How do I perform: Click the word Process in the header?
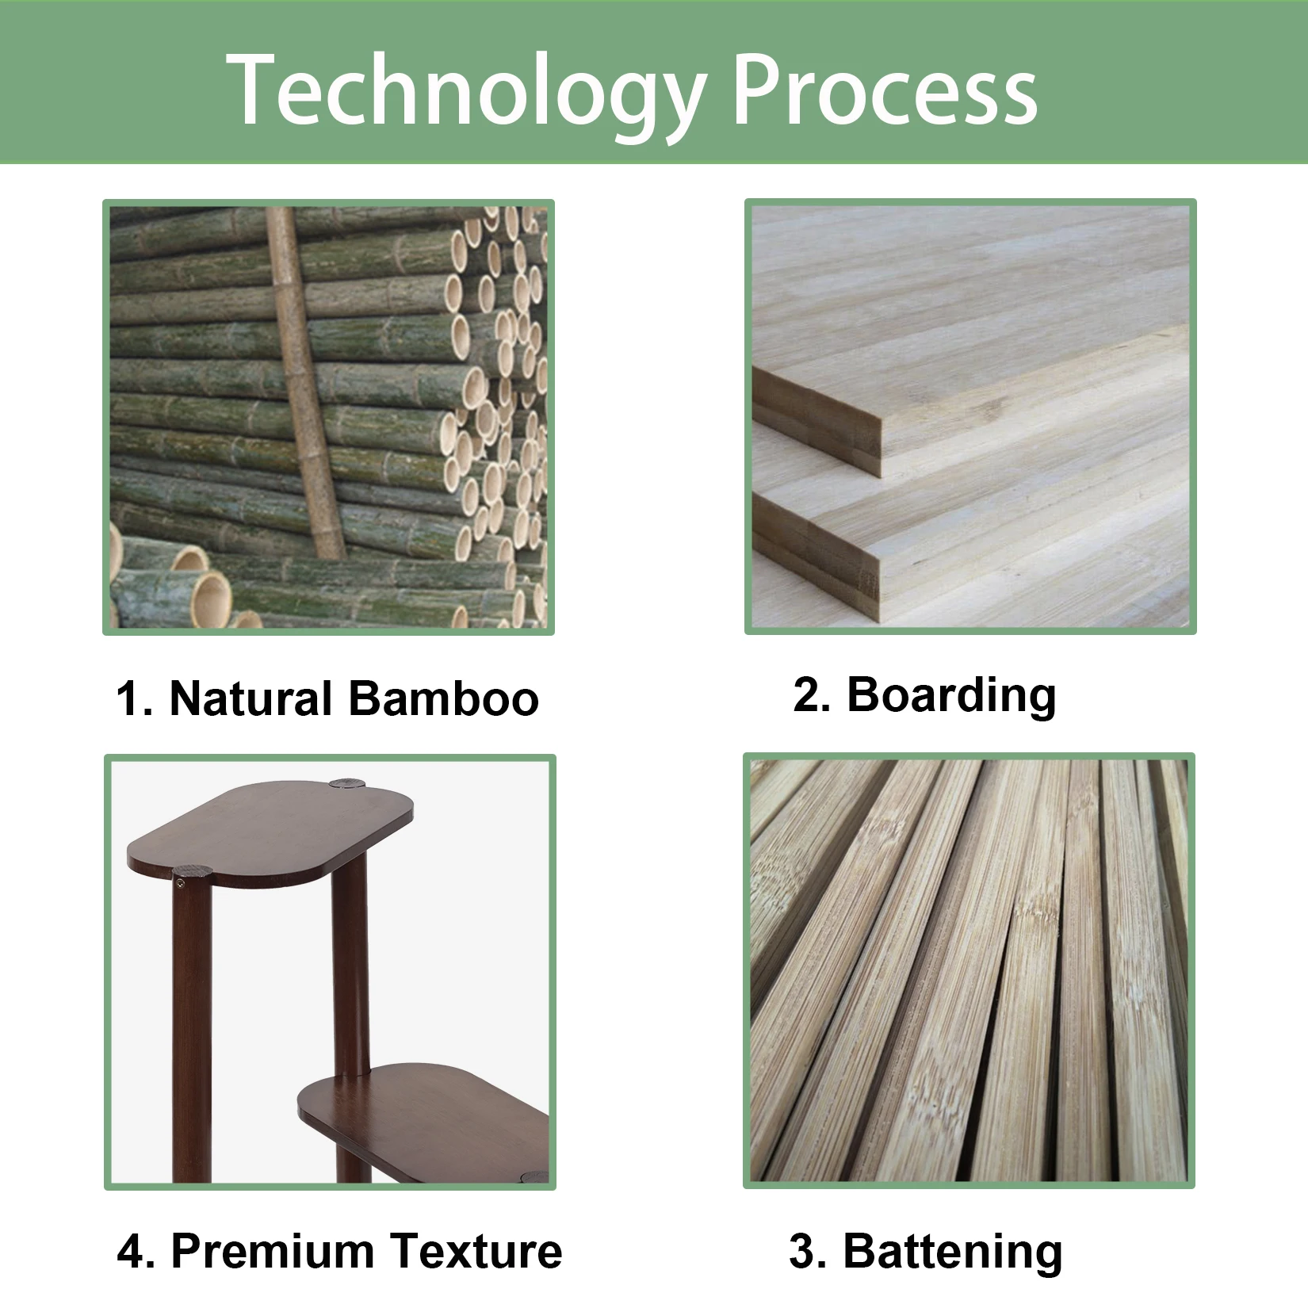(885, 89)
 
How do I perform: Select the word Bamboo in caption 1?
(443, 698)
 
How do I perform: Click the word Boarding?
(951, 695)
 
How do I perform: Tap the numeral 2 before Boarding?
(810, 695)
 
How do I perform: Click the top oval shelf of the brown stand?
(270, 833)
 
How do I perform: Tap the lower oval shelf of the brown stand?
(424, 1110)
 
